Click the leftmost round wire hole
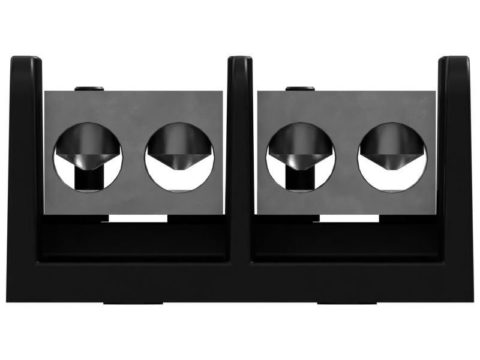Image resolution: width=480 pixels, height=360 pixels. pyautogui.click(x=88, y=157)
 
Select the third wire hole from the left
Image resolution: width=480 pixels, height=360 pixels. pyautogui.click(x=301, y=157)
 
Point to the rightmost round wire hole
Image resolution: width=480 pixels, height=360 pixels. pyautogui.click(x=392, y=157)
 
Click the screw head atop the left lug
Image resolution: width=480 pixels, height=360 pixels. pyautogui.click(x=89, y=89)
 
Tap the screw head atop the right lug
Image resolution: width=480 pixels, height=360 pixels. pyautogui.click(x=300, y=89)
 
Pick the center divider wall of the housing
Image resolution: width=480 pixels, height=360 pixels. pyautogui.click(x=240, y=156)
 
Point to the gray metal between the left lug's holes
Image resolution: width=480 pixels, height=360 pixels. pyautogui.click(x=134, y=157)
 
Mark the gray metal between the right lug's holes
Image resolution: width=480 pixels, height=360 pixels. pyautogui.click(x=346, y=157)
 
